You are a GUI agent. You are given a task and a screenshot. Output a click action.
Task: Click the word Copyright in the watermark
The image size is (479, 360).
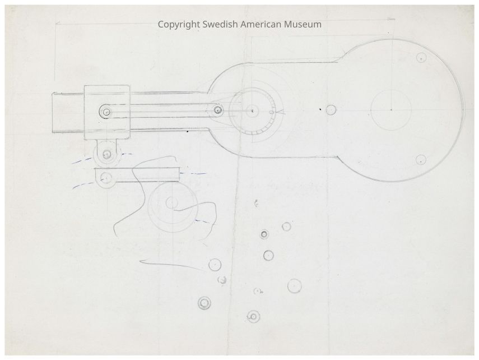click(179, 25)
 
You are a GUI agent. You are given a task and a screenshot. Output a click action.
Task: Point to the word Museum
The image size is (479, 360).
click(303, 24)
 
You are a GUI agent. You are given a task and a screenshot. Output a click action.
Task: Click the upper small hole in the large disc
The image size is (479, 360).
click(421, 58)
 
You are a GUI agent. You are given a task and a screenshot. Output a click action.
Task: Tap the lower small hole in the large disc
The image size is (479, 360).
click(421, 160)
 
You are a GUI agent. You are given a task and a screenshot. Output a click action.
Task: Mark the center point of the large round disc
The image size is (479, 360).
click(392, 109)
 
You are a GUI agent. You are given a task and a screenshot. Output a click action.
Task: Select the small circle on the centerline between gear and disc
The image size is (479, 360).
click(331, 110)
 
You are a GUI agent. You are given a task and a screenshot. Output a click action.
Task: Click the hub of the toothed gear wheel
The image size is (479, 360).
click(252, 111)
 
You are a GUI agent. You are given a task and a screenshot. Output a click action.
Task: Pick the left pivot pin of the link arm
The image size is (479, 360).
click(106, 112)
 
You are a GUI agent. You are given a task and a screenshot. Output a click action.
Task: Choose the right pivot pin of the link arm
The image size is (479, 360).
click(217, 110)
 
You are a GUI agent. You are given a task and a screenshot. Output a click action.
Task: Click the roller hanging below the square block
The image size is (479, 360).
click(106, 154)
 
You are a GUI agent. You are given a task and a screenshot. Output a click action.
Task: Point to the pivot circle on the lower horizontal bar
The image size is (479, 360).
click(106, 177)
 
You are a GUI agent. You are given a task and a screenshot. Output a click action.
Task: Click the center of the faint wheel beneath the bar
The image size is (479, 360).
click(172, 202)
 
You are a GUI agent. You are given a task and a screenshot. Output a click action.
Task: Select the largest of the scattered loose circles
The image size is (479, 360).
click(295, 287)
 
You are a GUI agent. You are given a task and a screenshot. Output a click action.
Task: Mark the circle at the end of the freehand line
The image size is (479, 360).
click(215, 265)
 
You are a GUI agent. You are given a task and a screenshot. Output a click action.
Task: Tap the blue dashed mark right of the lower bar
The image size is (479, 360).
click(193, 174)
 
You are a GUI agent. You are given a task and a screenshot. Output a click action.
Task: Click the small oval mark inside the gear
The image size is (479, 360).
click(271, 113)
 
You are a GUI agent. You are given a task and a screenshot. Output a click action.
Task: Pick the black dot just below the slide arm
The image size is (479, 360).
click(188, 132)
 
